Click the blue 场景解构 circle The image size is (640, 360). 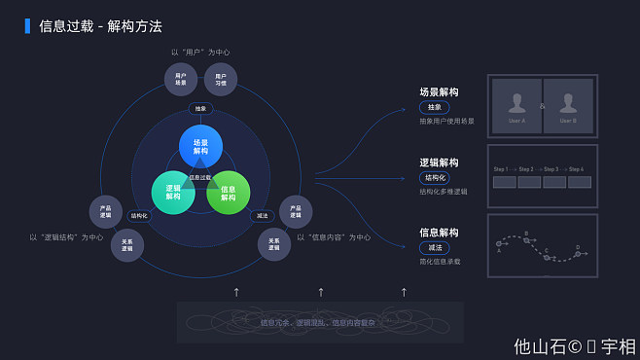(200, 147)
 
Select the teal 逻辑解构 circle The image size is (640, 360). (173, 192)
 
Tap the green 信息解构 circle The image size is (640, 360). (229, 193)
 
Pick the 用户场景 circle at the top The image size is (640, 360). (181, 79)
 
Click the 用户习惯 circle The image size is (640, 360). (221, 79)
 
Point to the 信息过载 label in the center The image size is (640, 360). (200, 177)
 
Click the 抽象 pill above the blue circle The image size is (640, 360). (200, 109)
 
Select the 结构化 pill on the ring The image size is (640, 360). (139, 216)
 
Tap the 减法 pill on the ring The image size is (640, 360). (262, 216)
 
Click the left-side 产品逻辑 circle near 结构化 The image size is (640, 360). (105, 211)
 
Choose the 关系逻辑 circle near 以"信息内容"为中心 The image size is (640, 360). (273, 244)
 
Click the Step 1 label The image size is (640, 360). (501, 169)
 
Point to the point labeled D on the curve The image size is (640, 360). (577, 253)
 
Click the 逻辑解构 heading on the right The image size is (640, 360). (439, 162)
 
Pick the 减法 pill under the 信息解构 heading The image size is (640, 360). (434, 248)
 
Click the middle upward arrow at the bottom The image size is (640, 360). (321, 291)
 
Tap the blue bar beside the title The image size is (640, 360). (27, 26)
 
